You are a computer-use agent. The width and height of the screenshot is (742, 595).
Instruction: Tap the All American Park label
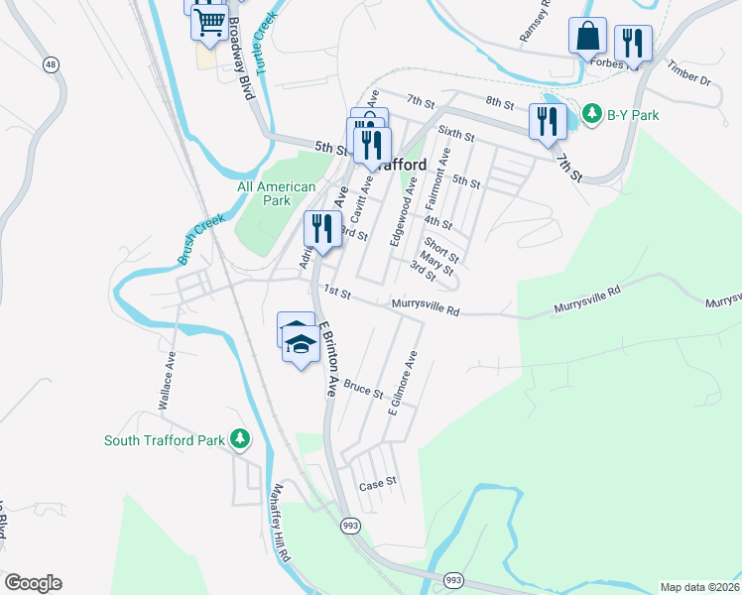click(x=276, y=193)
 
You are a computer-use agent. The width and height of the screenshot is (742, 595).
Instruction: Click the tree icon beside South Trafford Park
click(x=239, y=438)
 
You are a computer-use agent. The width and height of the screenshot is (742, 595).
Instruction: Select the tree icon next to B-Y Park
click(x=592, y=114)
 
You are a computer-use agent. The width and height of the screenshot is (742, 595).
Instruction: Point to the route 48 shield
click(x=49, y=64)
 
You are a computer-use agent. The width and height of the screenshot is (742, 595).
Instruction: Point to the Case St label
click(x=377, y=484)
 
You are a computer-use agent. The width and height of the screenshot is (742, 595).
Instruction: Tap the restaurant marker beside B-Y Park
click(x=548, y=121)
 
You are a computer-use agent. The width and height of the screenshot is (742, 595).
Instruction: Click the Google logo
click(x=33, y=583)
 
